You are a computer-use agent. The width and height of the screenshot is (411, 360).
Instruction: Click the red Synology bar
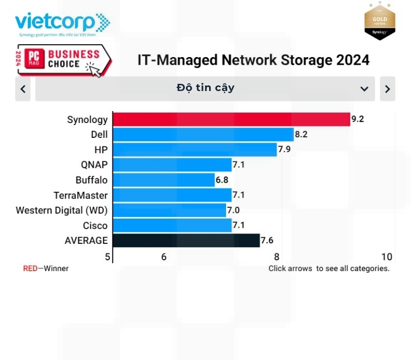click(231, 119)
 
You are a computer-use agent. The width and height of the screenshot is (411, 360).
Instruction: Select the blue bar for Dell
click(203, 135)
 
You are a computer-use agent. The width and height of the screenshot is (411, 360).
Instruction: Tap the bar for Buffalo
click(163, 180)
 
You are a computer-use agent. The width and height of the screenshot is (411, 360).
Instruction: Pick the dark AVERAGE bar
click(186, 240)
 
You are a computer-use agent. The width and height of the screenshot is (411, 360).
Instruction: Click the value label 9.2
click(358, 120)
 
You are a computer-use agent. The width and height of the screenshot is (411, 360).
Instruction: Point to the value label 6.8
click(222, 180)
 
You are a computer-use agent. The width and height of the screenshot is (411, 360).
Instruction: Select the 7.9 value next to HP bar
click(285, 150)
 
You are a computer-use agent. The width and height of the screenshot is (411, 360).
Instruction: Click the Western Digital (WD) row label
click(62, 210)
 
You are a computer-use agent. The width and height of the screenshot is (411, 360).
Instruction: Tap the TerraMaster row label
click(81, 195)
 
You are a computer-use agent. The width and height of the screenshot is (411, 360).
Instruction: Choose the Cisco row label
click(95, 225)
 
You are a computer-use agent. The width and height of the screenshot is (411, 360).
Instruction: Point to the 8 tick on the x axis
click(276, 257)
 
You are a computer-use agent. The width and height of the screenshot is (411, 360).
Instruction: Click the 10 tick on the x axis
click(387, 257)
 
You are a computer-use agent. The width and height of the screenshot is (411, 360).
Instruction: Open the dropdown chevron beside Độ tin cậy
click(364, 89)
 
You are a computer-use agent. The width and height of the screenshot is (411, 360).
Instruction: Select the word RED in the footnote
click(30, 268)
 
